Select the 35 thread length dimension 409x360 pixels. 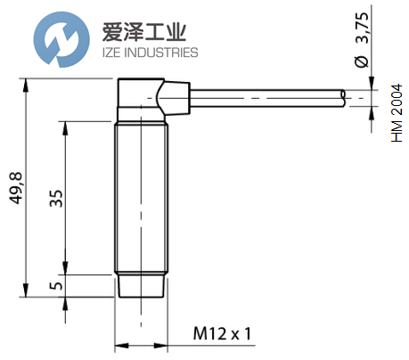point(54,197)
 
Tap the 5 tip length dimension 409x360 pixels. point(54,286)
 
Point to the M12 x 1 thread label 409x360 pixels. point(223,334)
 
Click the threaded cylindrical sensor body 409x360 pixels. point(141,196)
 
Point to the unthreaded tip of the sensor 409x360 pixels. point(141,285)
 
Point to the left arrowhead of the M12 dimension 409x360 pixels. point(119,345)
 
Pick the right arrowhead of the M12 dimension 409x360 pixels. point(163,345)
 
